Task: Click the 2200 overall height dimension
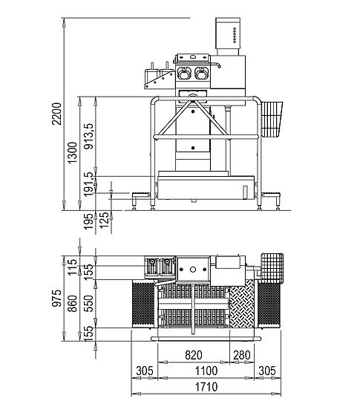tap(56, 114)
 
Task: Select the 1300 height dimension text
tap(72, 153)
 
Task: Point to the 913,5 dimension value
tap(88, 136)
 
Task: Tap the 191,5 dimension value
tap(88, 184)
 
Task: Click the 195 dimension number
tap(88, 221)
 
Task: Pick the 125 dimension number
tap(104, 220)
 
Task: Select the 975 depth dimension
tap(56, 298)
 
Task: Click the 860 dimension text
tap(72, 304)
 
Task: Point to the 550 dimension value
tap(88, 304)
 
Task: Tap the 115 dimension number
tap(72, 267)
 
